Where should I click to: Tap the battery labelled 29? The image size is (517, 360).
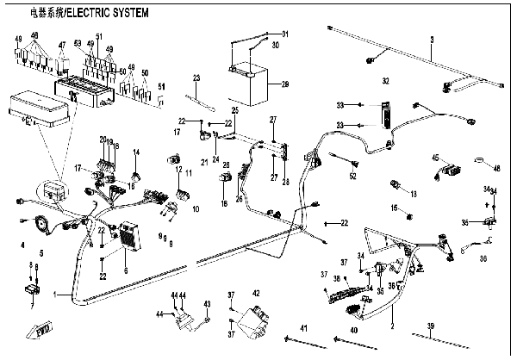pos(251,84)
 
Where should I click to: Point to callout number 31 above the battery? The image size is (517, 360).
pos(286,34)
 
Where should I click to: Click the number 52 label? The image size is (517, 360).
pos(353,176)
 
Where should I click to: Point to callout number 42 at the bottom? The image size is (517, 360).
pos(256,294)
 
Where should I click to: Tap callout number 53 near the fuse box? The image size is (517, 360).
pos(78,42)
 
